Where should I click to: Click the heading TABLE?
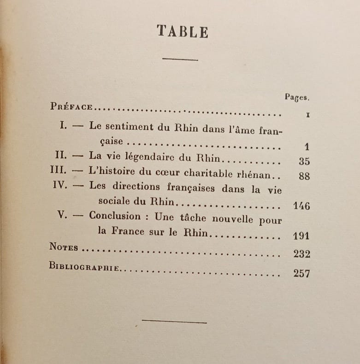[182, 31]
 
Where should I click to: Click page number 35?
[304, 161]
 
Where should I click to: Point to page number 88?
[304, 176]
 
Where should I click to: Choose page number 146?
[301, 205]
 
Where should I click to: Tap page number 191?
[301, 236]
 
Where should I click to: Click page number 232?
[301, 254]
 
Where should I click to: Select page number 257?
[301, 273]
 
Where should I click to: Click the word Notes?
[64, 247]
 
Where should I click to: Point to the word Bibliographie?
[84, 267]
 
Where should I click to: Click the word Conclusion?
[115, 216]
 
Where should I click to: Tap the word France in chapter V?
[130, 231]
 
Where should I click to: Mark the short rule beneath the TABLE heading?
[180, 59]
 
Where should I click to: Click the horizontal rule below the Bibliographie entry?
[174, 321]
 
